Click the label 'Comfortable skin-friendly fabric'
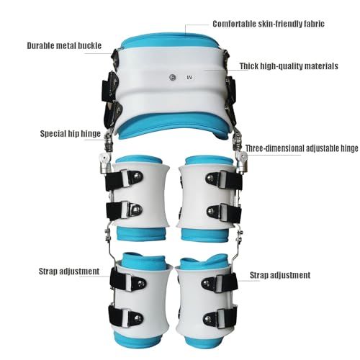click(269, 24)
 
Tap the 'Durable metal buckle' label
click(64, 45)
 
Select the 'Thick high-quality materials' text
click(289, 66)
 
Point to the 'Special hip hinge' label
click(71, 133)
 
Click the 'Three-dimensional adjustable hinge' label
click(302, 148)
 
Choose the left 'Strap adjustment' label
click(69, 271)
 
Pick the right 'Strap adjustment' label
click(280, 275)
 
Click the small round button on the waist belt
click(172, 77)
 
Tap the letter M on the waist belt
click(189, 77)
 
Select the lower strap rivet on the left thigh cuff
click(138, 210)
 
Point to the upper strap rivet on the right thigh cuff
click(210, 178)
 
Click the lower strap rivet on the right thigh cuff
click(211, 211)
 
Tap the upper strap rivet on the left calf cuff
click(140, 284)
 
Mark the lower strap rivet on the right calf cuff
click(206, 318)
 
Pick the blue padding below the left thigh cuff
click(141, 233)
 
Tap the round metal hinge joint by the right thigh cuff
click(243, 158)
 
